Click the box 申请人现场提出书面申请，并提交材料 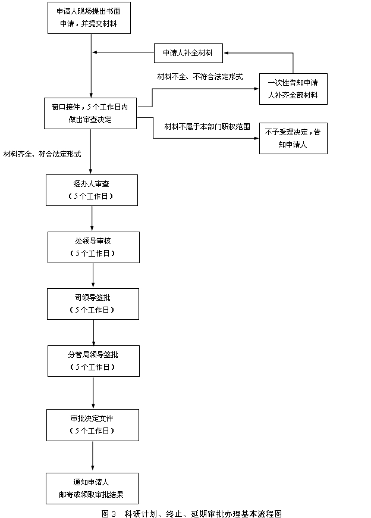point(89,18)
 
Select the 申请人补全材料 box point(188,53)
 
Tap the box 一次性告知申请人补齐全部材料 point(293,89)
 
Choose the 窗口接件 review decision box point(90,113)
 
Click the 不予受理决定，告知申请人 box point(293,138)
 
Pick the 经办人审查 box point(92,191)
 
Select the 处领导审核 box point(93,248)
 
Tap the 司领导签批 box point(93,304)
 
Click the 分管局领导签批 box point(93,361)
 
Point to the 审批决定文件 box point(93,425)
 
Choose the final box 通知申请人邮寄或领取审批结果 point(92,488)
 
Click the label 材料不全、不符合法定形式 point(200,77)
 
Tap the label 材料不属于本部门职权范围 point(207,127)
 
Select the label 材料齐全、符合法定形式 point(42,154)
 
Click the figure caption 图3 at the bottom point(191,514)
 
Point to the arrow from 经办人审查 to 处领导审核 point(92,219)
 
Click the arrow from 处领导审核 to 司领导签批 point(93,275)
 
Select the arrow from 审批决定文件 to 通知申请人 point(93,456)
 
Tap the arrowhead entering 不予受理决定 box point(257,138)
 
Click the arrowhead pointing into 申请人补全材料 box point(227,53)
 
